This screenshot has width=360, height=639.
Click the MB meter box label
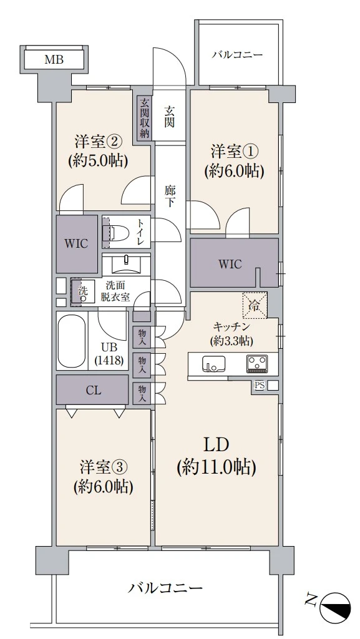coord(54,60)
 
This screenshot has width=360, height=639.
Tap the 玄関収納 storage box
coord(144,117)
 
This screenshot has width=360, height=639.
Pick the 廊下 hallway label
coord(169,195)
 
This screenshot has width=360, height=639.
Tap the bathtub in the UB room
coord(72,342)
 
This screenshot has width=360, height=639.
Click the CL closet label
coord(94,391)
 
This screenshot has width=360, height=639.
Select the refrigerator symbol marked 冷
coord(254,305)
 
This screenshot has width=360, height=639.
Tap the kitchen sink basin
coord(213,363)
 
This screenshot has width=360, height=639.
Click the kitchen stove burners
coord(257,363)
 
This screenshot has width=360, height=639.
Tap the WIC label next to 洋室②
coord(77,243)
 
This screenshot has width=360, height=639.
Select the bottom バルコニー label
coord(166,588)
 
